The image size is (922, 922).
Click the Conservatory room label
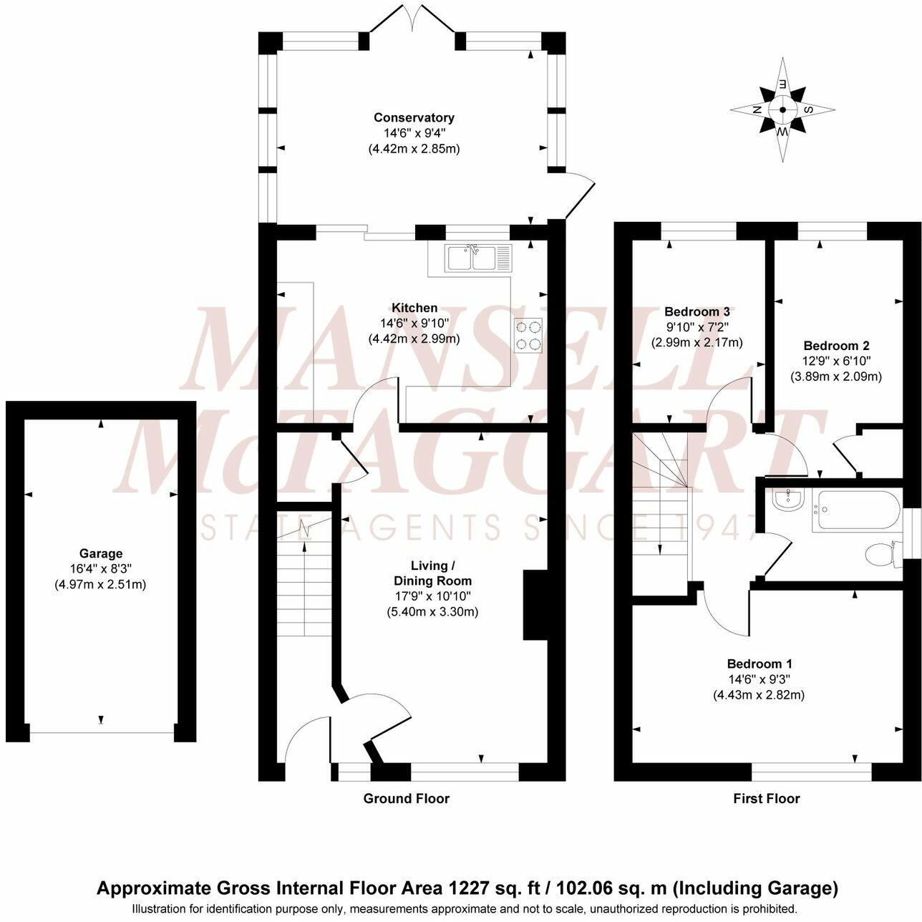[414, 117]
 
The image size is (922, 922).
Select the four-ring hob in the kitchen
[528, 335]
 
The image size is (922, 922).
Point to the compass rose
[782, 110]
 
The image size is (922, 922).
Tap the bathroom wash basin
[788, 500]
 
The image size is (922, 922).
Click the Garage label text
[100, 553]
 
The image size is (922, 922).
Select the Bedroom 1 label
[759, 664]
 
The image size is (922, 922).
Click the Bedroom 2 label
[836, 345]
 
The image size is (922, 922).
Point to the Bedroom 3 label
[697, 311]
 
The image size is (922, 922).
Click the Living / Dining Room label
[430, 573]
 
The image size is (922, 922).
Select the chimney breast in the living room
[535, 604]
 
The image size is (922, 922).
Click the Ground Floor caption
[406, 798]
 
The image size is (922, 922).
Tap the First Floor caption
[766, 798]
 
